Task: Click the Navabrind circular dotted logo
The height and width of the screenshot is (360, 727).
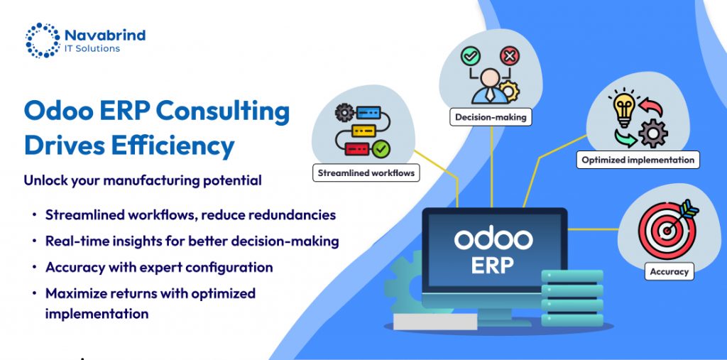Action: click(x=43, y=40)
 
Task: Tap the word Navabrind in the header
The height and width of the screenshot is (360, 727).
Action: click(x=105, y=35)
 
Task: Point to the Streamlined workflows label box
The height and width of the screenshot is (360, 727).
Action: click(x=366, y=173)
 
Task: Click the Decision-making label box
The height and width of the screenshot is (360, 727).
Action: click(x=491, y=117)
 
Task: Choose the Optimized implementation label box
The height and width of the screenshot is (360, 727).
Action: click(x=638, y=160)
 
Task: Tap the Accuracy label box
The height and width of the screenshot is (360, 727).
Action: click(x=669, y=271)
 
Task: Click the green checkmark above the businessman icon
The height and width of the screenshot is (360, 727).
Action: click(x=470, y=56)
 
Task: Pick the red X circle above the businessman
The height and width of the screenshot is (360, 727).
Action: click(x=510, y=56)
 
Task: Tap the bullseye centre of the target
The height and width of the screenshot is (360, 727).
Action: click(x=667, y=229)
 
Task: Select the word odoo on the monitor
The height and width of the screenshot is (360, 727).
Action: click(x=493, y=239)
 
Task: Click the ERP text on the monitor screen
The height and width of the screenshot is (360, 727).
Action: click(x=493, y=266)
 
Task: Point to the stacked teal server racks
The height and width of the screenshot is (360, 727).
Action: click(x=572, y=298)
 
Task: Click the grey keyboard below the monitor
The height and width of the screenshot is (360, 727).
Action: click(x=435, y=322)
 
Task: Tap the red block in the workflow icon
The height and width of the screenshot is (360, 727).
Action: click(x=357, y=149)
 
